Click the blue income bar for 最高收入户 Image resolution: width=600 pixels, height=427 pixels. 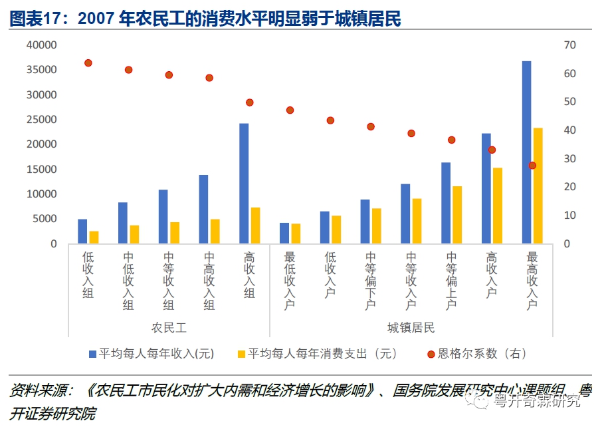point(526,153)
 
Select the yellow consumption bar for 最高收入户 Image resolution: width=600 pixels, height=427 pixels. point(538,186)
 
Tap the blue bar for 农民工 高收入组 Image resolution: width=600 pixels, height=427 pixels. point(244,184)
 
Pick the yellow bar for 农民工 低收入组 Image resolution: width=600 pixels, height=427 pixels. point(94,237)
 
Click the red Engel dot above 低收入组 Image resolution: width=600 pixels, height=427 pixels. point(88,63)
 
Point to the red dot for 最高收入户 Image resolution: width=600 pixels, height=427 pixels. point(532,165)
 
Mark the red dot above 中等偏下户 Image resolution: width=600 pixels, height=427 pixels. point(371,126)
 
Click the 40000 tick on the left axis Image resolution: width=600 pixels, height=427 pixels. point(41,45)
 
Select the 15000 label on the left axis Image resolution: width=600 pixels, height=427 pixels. point(41,170)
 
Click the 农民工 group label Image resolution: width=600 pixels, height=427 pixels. point(169,327)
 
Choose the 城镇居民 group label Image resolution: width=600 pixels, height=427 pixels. point(411,327)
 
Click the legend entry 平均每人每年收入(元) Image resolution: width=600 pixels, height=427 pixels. point(156,354)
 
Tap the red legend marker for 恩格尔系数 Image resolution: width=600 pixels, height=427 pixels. point(431,354)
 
